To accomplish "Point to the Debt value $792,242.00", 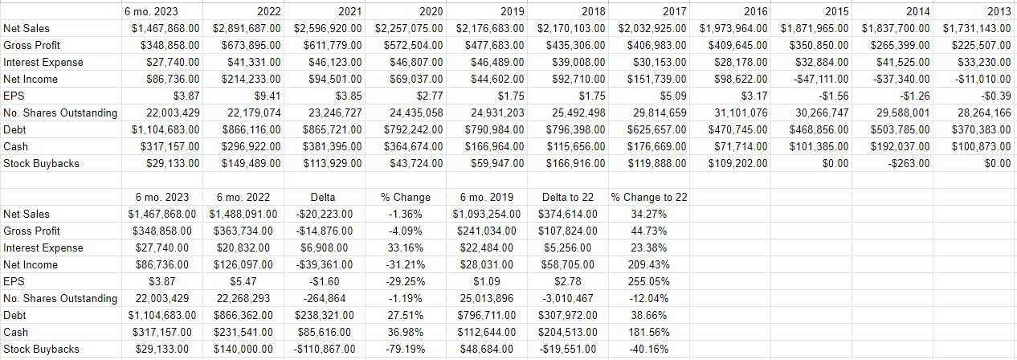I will pyautogui.click(x=410, y=129).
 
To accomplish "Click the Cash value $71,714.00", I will pyautogui.click(x=741, y=146).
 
